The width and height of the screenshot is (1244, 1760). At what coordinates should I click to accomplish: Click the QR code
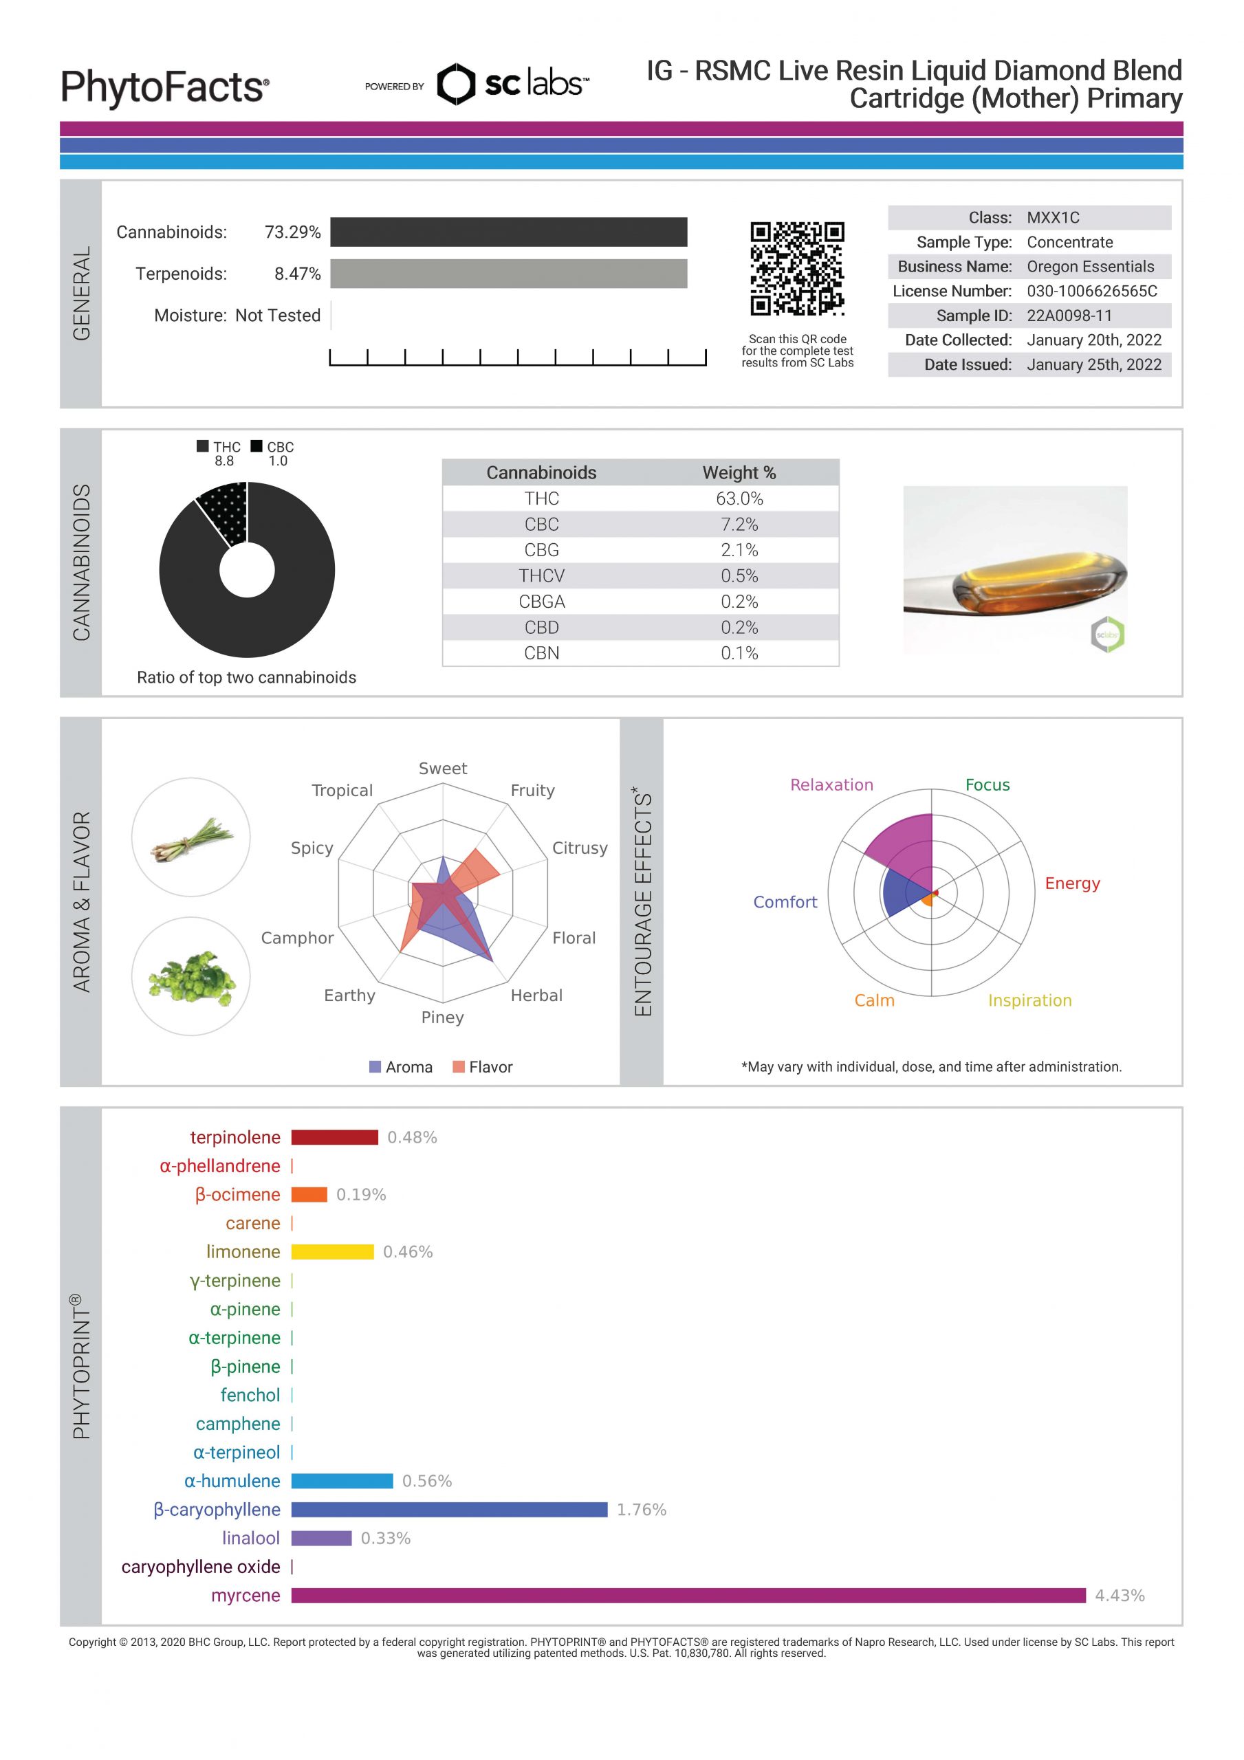click(x=797, y=268)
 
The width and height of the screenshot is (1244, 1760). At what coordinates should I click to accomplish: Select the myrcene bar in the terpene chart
click(x=688, y=1595)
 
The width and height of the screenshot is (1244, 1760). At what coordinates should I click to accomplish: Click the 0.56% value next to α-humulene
click(x=427, y=1481)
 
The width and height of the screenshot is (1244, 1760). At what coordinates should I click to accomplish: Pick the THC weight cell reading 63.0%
click(x=739, y=498)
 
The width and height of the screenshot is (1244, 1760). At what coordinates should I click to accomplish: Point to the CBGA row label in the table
click(x=541, y=602)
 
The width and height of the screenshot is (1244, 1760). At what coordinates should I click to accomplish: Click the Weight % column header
click(x=739, y=473)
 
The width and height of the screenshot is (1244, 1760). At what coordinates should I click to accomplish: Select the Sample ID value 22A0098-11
click(x=1069, y=316)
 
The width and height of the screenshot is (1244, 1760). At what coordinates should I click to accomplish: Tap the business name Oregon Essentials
click(x=1090, y=267)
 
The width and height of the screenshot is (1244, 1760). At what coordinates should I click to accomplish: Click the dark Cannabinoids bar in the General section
click(x=508, y=232)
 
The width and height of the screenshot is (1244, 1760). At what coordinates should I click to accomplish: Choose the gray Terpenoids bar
click(x=508, y=274)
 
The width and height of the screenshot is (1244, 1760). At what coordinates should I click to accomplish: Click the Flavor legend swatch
click(x=459, y=1067)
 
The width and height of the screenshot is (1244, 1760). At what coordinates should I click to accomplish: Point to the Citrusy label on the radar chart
click(x=580, y=848)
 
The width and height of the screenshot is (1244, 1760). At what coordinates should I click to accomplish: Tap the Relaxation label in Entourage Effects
click(x=831, y=785)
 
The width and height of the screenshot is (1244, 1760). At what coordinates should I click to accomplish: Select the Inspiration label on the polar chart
click(x=1029, y=1000)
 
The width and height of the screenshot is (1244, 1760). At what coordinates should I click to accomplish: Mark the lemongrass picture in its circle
click(x=191, y=839)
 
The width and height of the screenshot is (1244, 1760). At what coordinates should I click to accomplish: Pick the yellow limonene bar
click(x=332, y=1252)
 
